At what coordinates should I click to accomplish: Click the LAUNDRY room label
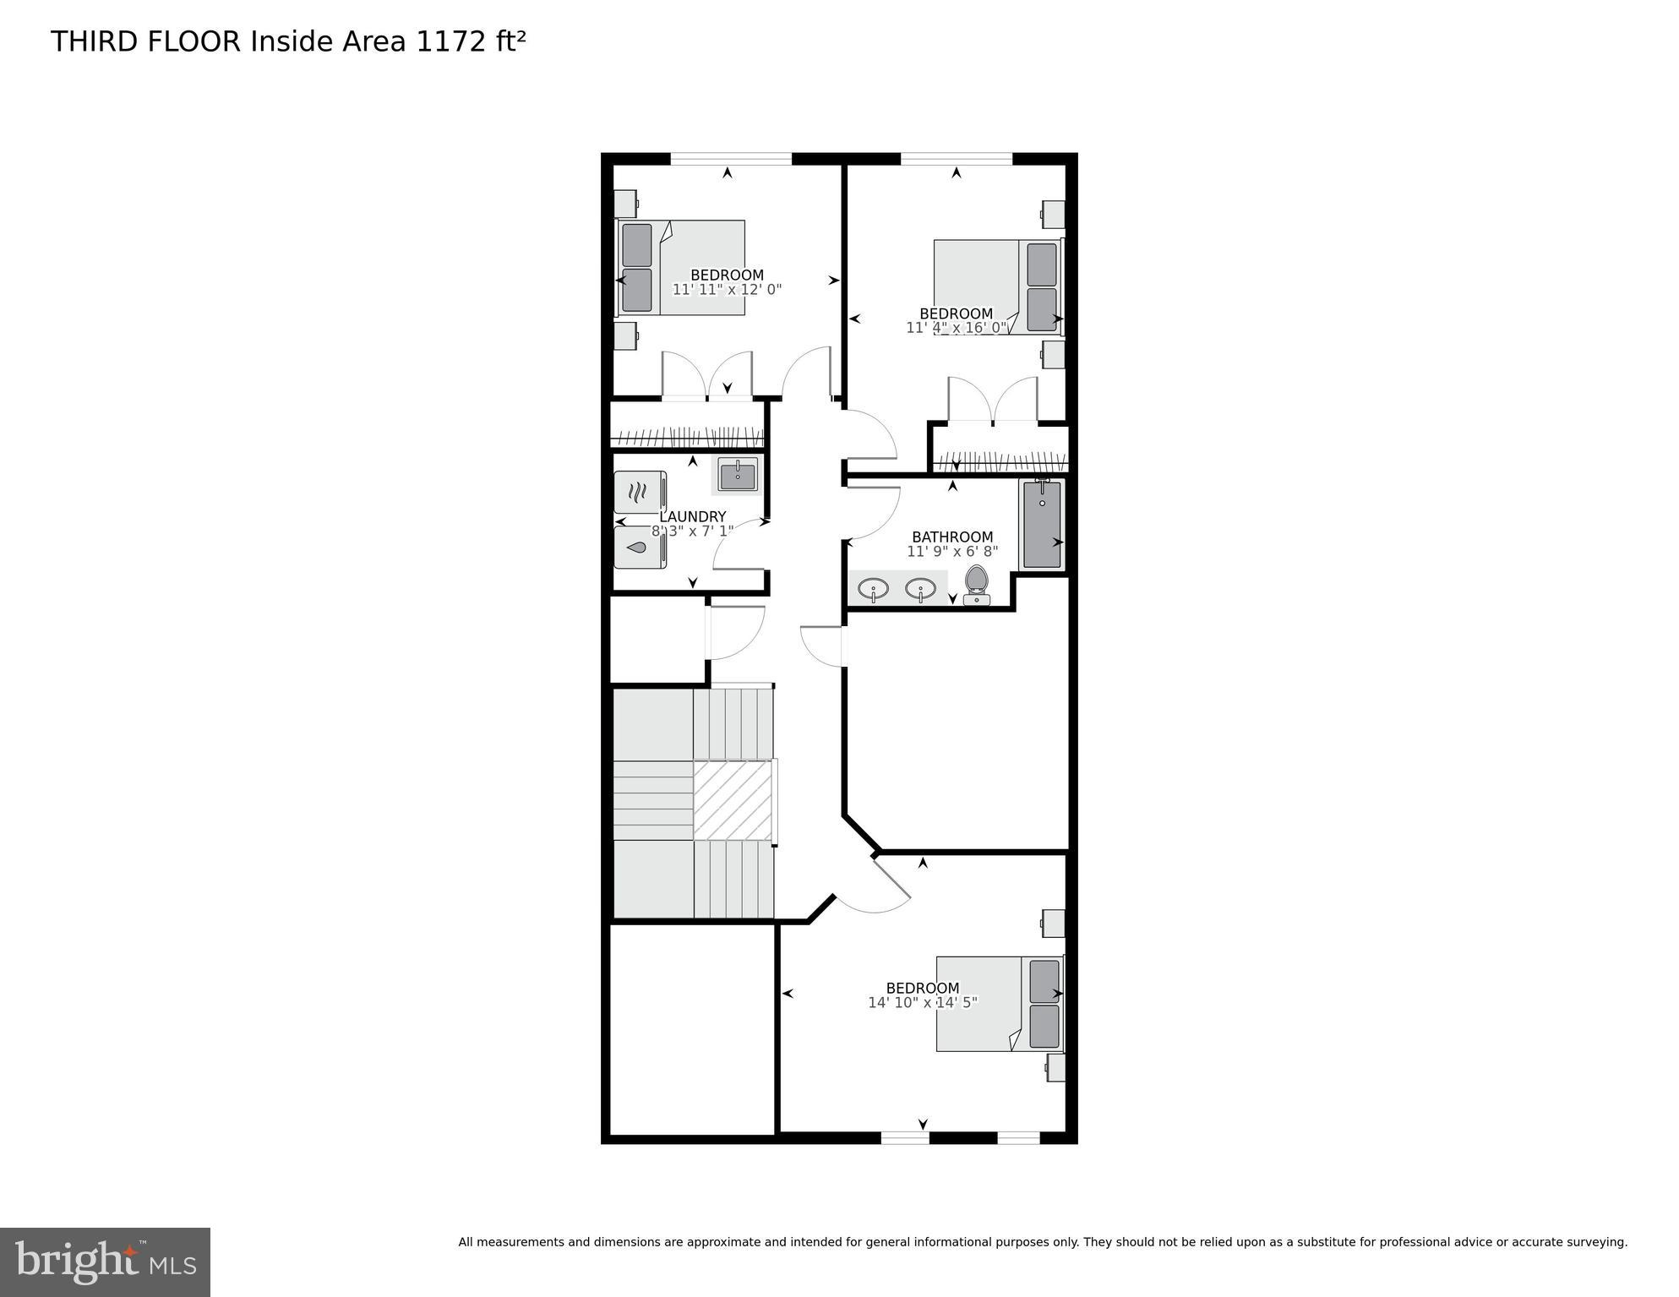coord(692,517)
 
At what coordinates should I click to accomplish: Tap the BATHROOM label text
coord(952,537)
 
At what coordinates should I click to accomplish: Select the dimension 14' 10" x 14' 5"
coord(922,1002)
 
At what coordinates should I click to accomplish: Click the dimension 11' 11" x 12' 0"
coord(727,289)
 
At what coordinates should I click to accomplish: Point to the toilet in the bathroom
coord(977,585)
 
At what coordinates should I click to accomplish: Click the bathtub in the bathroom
coord(1042,525)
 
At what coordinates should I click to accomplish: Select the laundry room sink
coord(738,475)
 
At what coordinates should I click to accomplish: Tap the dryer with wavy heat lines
coord(640,491)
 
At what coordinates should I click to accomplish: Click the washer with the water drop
coord(640,548)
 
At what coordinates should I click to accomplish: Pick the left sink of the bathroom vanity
coord(873,588)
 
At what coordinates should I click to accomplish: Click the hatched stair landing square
coord(733,799)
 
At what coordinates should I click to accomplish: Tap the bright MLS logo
coord(105,1262)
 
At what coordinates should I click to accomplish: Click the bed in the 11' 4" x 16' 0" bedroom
coord(997,287)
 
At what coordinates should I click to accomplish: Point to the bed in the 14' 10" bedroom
coord(1000,1004)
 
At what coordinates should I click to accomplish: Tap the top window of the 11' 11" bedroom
coord(731,158)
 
